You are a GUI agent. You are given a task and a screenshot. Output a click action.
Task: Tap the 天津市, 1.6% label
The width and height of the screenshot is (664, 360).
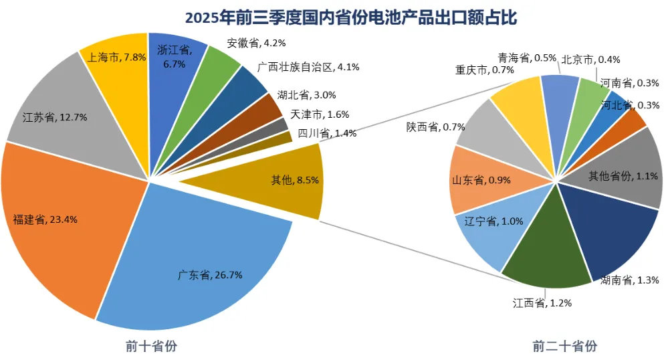coord(320,114)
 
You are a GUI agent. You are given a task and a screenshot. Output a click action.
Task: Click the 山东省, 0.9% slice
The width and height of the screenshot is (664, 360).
coord(477,180)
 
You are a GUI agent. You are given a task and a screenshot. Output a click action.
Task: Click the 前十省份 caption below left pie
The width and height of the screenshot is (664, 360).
coord(151,346)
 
